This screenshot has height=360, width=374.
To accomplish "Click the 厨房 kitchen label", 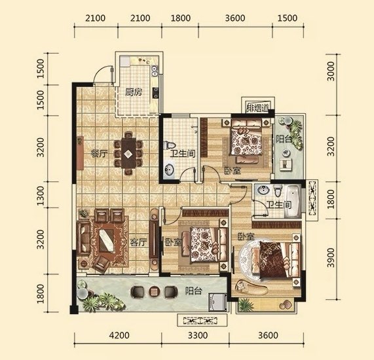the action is click(x=134, y=92).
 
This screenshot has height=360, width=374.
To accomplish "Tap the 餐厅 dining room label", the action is click(x=99, y=154).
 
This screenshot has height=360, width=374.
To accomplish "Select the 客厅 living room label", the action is click(x=138, y=243).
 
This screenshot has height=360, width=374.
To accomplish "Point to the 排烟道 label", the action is click(x=257, y=108).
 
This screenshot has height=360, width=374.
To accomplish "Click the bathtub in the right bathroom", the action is click(x=293, y=201).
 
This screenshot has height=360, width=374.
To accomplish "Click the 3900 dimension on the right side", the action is click(x=331, y=257).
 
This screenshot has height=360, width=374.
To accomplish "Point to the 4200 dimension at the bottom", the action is click(x=119, y=335).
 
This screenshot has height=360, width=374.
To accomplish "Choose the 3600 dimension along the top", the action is click(x=235, y=18).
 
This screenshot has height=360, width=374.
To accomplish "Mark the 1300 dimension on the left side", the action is click(x=41, y=196).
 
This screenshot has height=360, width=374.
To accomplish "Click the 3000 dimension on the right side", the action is click(x=331, y=71).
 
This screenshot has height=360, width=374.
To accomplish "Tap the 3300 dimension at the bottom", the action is click(x=198, y=335).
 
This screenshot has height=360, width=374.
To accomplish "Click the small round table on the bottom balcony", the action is click(x=154, y=291).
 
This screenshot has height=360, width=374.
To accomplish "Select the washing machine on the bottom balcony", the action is click(x=217, y=302).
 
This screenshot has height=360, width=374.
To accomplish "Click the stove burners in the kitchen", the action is click(x=155, y=93).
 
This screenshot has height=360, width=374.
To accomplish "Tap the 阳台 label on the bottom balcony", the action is click(x=194, y=291).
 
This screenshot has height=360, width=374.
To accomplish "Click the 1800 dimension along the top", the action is click(x=181, y=18).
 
